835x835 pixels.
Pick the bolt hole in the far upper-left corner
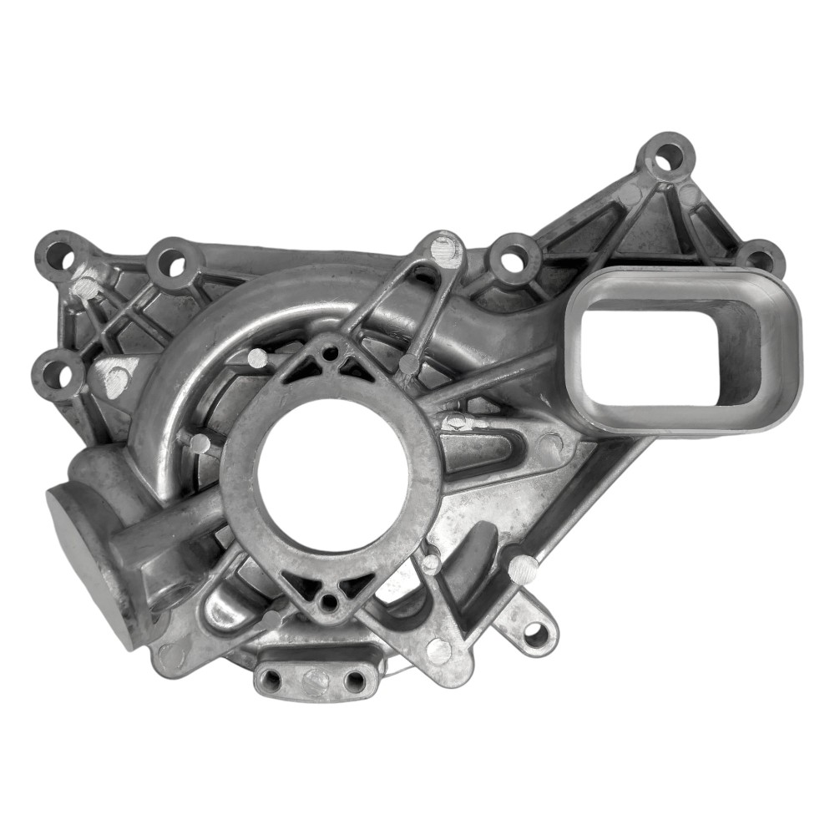click(59, 254)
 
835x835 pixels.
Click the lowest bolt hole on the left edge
click(58, 376)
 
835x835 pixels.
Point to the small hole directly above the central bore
click(331, 353)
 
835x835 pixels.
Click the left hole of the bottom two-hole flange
click(273, 681)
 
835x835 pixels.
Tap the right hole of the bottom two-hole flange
click(354, 681)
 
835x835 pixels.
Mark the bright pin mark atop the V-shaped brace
click(445, 248)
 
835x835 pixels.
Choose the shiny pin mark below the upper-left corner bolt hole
click(84, 286)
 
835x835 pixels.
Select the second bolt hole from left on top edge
click(173, 261)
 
